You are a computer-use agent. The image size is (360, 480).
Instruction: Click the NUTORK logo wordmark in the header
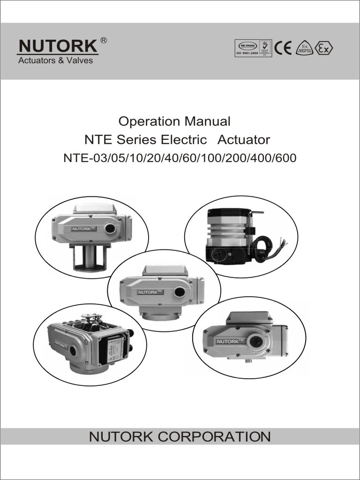[x=57, y=47]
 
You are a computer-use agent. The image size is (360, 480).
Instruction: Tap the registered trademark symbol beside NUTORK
[x=104, y=41]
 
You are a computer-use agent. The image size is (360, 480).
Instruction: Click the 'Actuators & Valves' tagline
[x=55, y=60]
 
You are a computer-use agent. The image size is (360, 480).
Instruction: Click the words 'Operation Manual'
[x=174, y=121]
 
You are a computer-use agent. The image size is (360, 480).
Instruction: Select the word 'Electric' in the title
[x=184, y=140]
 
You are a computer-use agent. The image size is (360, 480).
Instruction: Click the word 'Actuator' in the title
[x=244, y=140]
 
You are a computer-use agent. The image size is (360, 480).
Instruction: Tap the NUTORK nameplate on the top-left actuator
[x=84, y=229]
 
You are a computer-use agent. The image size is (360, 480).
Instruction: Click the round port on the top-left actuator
[x=111, y=228]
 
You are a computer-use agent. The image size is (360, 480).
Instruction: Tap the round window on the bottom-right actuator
[x=255, y=341]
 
